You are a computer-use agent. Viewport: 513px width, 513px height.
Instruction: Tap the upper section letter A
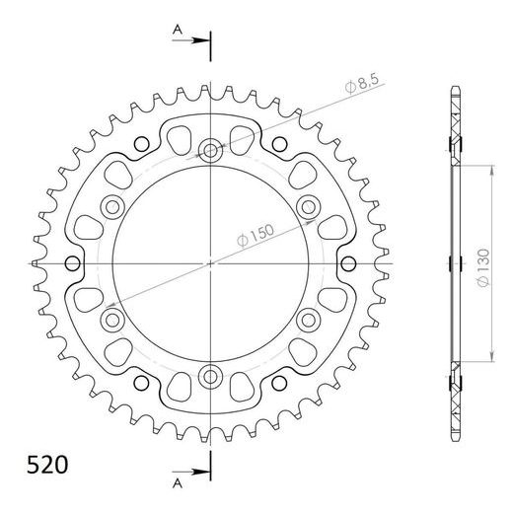tap(178, 31)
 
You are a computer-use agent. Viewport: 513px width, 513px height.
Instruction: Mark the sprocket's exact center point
tap(210, 263)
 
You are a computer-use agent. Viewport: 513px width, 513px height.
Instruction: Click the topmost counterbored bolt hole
tap(210, 151)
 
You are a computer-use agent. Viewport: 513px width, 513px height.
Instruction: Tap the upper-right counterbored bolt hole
tap(308, 207)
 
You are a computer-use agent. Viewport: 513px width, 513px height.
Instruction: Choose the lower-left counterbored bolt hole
tap(112, 320)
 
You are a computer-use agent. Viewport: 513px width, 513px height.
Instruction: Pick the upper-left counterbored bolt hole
tap(112, 207)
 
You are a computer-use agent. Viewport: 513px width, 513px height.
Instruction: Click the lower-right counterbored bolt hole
tap(308, 320)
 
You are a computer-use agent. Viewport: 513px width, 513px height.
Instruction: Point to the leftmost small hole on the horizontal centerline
tap(71, 263)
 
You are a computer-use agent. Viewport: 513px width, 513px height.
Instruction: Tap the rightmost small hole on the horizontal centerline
tap(349, 263)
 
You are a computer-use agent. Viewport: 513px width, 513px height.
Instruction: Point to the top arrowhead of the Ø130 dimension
tap(492, 168)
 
